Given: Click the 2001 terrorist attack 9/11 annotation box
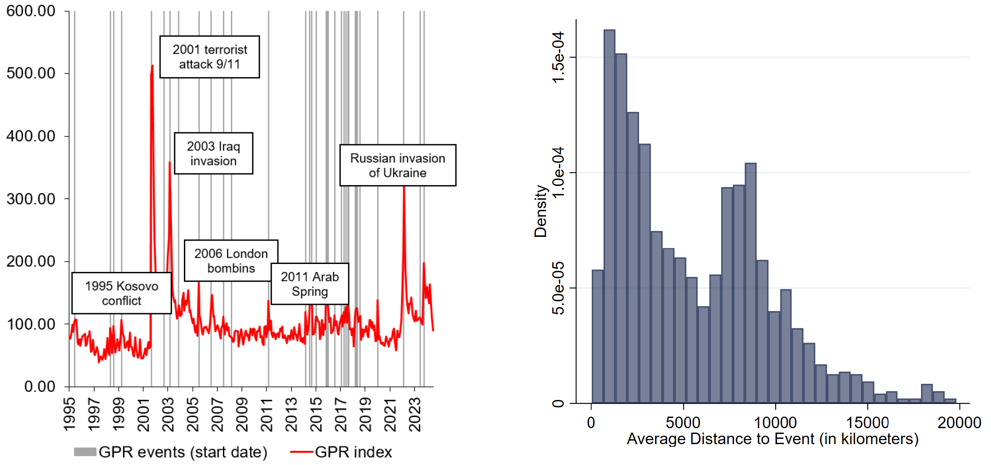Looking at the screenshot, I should [210, 57].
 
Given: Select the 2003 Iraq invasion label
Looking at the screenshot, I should [213, 153].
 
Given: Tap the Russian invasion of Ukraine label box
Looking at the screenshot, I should [398, 165].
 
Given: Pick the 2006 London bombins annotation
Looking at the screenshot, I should [231, 260].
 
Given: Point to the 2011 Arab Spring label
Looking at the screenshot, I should [309, 284].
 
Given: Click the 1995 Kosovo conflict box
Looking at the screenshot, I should [121, 293].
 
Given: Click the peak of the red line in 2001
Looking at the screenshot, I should [152, 66].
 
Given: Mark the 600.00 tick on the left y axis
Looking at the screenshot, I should [31, 11].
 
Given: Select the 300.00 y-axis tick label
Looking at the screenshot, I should [31, 199].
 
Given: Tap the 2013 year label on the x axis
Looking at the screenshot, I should [291, 415].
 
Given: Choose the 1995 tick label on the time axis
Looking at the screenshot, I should [70, 415].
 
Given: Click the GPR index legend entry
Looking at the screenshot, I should [353, 452].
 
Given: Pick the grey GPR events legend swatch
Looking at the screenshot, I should [85, 452].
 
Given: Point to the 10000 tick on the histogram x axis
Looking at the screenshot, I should [775, 422].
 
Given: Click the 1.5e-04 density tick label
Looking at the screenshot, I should [558, 57].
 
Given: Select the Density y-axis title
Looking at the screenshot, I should [541, 211].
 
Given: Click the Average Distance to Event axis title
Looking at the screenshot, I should [773, 439].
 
